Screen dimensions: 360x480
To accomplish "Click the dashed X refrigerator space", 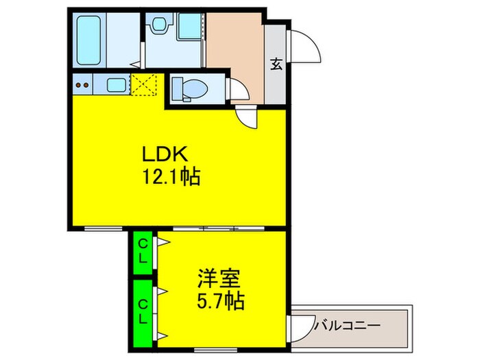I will [x=143, y=86].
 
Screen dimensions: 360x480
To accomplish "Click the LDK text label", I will [x=165, y=153].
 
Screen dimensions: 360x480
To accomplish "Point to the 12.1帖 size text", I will [x=171, y=179].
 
